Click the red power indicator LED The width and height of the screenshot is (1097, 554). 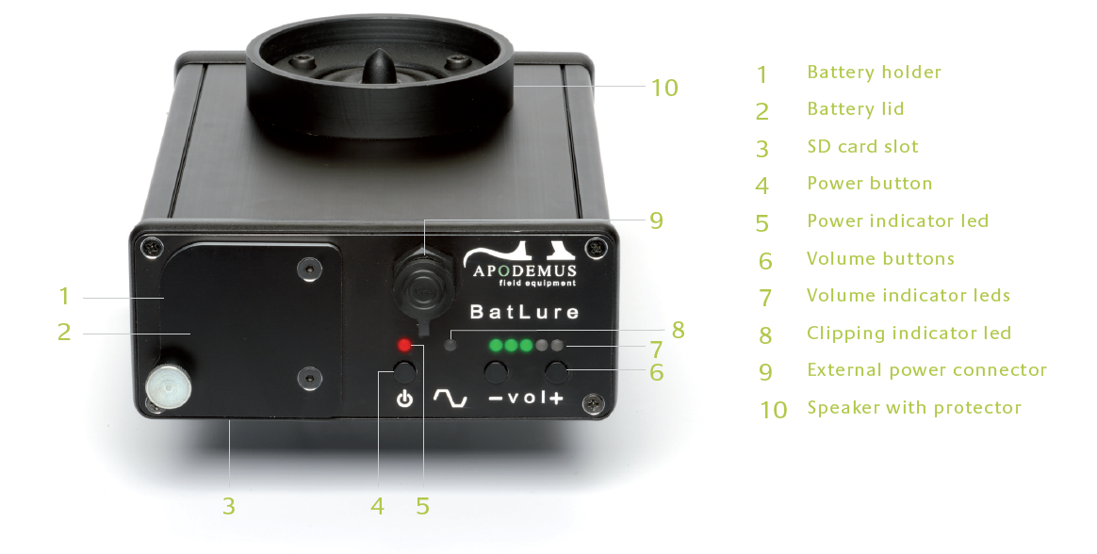pos(404,345)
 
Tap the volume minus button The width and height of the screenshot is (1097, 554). pos(496,370)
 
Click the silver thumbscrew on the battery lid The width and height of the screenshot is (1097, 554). pos(169,386)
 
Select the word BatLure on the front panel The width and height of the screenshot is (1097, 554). pos(524,311)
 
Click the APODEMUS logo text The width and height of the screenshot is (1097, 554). pos(525,270)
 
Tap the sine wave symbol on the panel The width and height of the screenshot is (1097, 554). pos(450,399)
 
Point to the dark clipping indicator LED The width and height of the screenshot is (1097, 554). pos(451,345)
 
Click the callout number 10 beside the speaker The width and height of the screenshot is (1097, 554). pos(664,89)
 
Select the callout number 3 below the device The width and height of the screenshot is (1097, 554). pos(229,506)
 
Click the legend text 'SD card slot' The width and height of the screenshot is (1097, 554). pos(862,146)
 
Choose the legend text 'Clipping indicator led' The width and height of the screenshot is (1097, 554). pos(909,333)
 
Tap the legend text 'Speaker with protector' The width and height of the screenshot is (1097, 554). pos(914,408)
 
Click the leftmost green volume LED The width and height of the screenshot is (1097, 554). pos(496,345)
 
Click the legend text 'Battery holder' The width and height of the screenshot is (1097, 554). pos(874,72)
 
